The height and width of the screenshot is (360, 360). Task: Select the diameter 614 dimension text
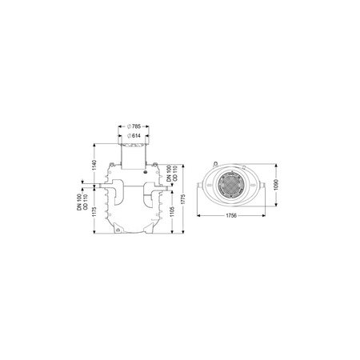coord(134,136)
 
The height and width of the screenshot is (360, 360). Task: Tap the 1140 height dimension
coord(94,165)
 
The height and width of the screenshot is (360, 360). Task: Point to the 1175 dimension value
coord(94,212)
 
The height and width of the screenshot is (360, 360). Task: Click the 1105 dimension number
coord(172,211)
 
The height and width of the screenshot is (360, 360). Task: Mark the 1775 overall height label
coord(183,199)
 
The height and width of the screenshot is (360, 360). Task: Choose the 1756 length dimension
coord(231,215)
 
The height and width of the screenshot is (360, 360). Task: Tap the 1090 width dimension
coord(276,185)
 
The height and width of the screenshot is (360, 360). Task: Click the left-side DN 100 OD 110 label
coord(82,202)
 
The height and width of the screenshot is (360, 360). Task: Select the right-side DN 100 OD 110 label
coord(172,174)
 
